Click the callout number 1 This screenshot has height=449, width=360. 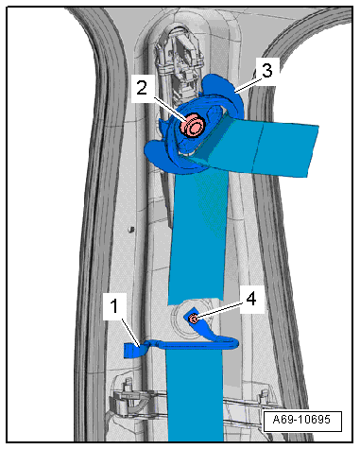point(114,306)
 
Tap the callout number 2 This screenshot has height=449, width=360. point(142,88)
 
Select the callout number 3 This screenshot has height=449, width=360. point(266,70)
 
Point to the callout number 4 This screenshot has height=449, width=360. point(251,299)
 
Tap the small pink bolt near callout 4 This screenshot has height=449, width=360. point(194,319)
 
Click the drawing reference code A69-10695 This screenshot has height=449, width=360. point(302,420)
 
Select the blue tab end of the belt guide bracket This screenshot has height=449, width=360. point(133,351)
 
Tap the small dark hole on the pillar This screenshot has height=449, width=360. point(129,230)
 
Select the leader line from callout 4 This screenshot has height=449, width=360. point(219,311)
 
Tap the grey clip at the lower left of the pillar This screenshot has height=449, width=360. point(126,400)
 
